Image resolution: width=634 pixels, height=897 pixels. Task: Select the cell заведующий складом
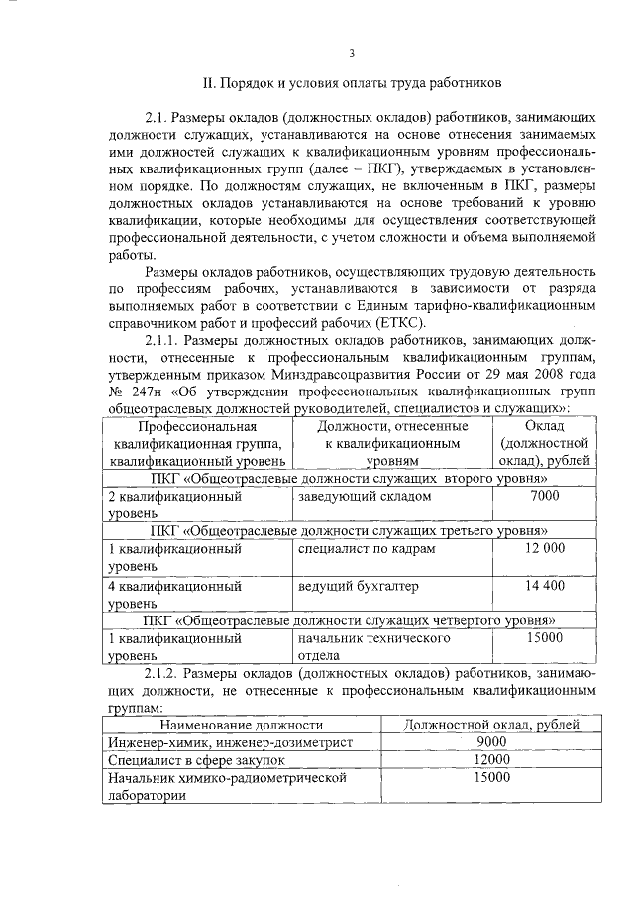(x=365, y=495)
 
